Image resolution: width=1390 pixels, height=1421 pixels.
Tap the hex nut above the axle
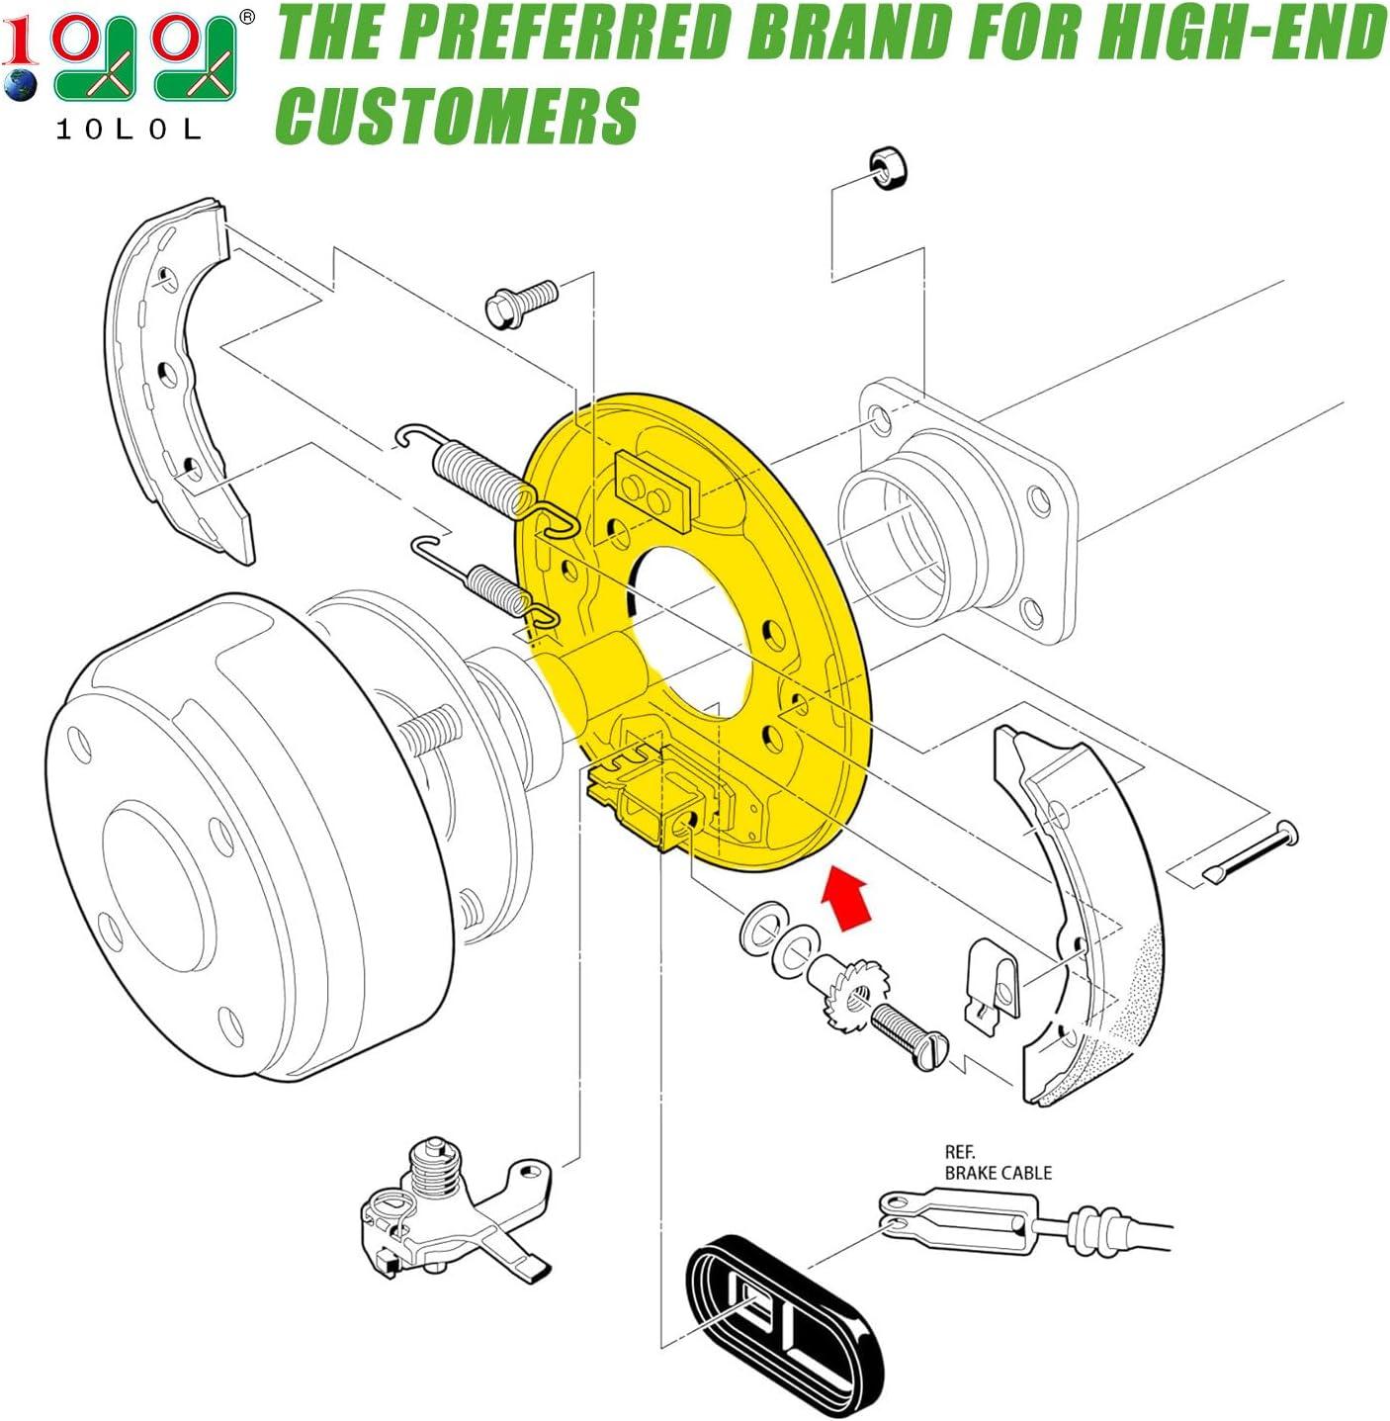[x=887, y=168]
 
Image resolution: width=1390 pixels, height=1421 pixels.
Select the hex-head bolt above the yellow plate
[x=521, y=303]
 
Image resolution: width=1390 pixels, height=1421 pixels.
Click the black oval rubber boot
[x=784, y=1313]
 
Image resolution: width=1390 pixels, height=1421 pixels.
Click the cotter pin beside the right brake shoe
[x=1250, y=851]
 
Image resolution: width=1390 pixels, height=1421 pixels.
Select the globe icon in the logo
[x=20, y=85]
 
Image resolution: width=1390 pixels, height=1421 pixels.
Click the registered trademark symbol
[x=247, y=17]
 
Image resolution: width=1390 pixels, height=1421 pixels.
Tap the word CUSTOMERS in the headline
[x=459, y=116]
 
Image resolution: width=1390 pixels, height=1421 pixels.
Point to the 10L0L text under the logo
[x=129, y=130]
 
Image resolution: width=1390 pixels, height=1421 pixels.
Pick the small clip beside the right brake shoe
[x=992, y=987]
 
